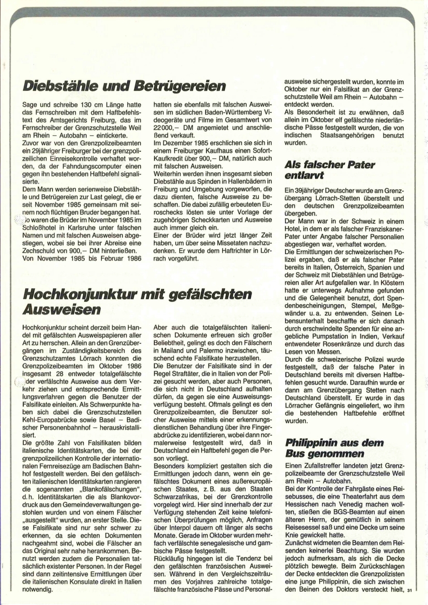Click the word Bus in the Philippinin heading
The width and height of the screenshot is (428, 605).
point(295,454)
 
